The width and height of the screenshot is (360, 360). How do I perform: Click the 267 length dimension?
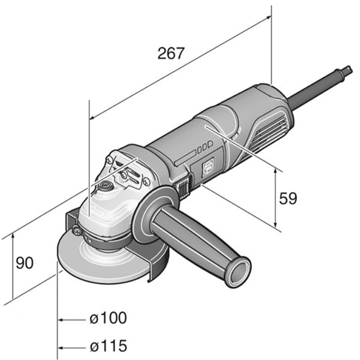(x=171, y=53)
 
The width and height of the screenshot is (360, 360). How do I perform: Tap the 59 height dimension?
(x=287, y=199)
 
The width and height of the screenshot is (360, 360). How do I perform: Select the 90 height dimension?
(x=25, y=263)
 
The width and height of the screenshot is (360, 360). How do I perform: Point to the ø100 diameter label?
(x=108, y=318)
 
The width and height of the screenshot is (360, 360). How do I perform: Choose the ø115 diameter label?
(x=109, y=346)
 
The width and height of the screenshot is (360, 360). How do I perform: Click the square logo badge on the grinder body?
(x=208, y=168)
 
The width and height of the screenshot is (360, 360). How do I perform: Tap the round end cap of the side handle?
(x=239, y=272)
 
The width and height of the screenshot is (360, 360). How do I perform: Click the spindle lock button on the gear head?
(x=105, y=185)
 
